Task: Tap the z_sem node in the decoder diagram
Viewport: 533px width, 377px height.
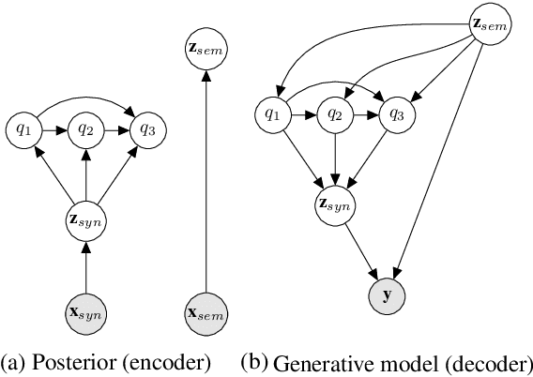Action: click(487, 25)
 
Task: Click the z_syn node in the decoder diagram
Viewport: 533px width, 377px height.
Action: click(333, 204)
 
